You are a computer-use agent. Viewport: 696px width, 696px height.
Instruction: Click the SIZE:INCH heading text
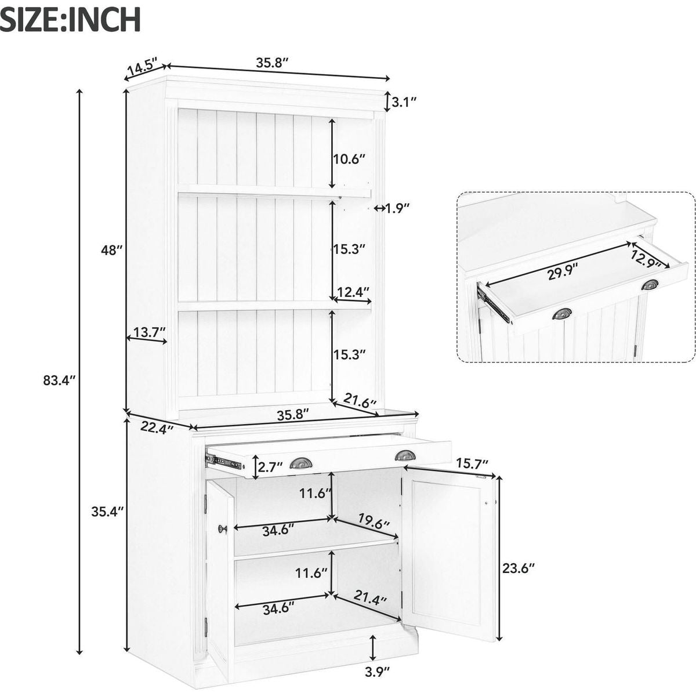click(x=71, y=19)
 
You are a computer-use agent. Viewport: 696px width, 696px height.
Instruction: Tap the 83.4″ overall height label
click(x=60, y=380)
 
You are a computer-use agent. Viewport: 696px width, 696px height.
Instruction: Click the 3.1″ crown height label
click(x=404, y=102)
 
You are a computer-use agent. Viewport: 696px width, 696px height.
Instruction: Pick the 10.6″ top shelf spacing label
click(x=350, y=158)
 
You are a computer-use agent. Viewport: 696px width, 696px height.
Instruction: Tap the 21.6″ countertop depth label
click(x=360, y=400)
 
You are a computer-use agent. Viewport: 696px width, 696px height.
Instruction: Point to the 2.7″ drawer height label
click(x=271, y=466)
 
